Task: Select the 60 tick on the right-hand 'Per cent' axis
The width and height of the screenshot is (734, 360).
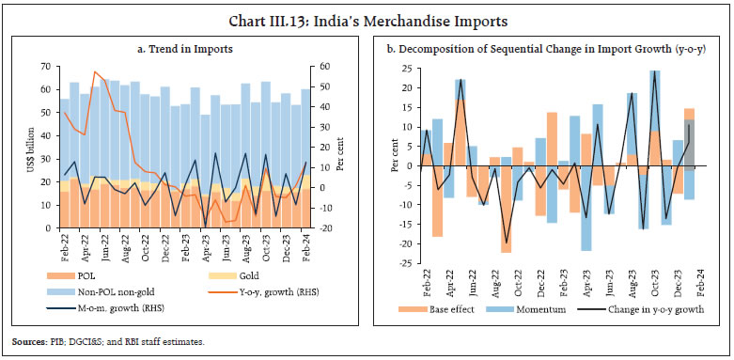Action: tap(324, 67)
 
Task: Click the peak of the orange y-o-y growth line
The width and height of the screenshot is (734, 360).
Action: tap(95, 71)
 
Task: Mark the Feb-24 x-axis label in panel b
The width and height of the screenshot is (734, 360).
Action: tap(700, 279)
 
